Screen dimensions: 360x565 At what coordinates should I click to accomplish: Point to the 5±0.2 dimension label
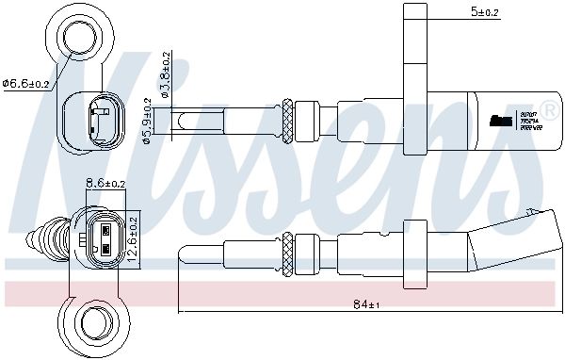pyautogui.click(x=485, y=12)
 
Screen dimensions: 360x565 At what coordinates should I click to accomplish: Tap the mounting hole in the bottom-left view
pyautogui.click(x=95, y=319)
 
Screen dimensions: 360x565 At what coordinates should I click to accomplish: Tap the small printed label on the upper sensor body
pyautogui.click(x=503, y=120)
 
